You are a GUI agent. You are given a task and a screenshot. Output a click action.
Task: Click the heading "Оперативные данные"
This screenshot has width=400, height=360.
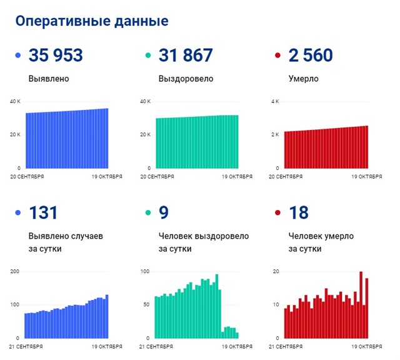click(x=91, y=21)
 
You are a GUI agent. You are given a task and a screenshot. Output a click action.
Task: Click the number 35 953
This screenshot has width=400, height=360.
click(x=56, y=56)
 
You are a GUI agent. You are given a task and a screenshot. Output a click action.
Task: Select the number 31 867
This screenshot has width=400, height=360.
click(x=186, y=56)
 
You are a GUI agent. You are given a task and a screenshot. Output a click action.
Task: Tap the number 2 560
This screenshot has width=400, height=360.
click(x=311, y=56)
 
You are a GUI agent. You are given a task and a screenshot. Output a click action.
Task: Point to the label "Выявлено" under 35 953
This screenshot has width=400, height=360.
click(x=49, y=79)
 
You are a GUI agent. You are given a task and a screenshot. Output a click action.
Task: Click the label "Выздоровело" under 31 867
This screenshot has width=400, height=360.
click(x=186, y=79)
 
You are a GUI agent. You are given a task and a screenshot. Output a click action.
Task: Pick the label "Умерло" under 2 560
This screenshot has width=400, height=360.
click(x=304, y=79)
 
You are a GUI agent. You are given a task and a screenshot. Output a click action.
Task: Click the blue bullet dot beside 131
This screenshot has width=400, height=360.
click(x=17, y=214)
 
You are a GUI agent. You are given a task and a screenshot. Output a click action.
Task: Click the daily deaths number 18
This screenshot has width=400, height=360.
click(x=299, y=213)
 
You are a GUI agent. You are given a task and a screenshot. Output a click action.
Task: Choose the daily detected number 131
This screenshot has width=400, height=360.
click(x=43, y=213)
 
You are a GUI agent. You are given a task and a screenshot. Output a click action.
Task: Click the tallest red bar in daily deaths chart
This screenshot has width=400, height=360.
click(x=361, y=305)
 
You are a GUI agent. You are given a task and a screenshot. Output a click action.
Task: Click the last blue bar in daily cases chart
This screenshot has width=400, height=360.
click(x=107, y=316)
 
